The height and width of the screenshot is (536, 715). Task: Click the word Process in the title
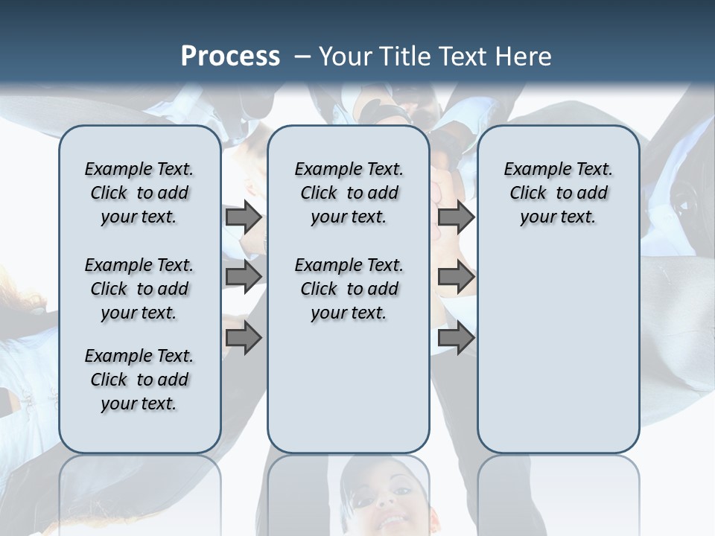pyautogui.click(x=230, y=57)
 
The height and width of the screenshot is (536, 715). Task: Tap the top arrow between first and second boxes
pyautogui.click(x=244, y=217)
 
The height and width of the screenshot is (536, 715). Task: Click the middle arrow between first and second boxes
pyautogui.click(x=244, y=276)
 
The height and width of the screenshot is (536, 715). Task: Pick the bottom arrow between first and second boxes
pyautogui.click(x=244, y=338)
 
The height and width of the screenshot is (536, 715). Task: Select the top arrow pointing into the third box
pyautogui.click(x=456, y=217)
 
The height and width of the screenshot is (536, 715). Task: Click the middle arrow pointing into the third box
pyautogui.click(x=456, y=276)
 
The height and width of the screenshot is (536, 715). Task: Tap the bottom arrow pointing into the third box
pyautogui.click(x=456, y=338)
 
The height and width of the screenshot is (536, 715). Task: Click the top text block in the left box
pyautogui.click(x=139, y=193)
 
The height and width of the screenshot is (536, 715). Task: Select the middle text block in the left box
pyautogui.click(x=139, y=289)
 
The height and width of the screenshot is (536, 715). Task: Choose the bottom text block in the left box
pyautogui.click(x=139, y=380)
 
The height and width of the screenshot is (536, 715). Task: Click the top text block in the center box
pyautogui.click(x=349, y=193)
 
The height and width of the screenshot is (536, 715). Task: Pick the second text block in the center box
pyautogui.click(x=349, y=289)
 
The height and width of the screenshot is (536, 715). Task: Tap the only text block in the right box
pyautogui.click(x=558, y=193)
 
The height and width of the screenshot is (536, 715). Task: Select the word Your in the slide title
pyautogui.click(x=346, y=57)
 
